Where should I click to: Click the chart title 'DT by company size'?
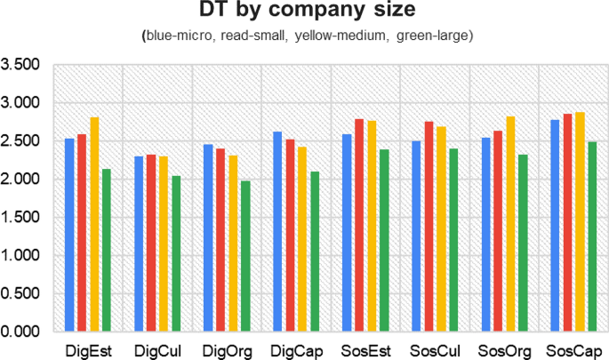tap(304, 12)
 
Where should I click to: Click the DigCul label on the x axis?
tap(157, 350)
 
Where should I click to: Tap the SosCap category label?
tap(572, 350)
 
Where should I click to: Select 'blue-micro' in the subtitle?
tap(177, 36)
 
